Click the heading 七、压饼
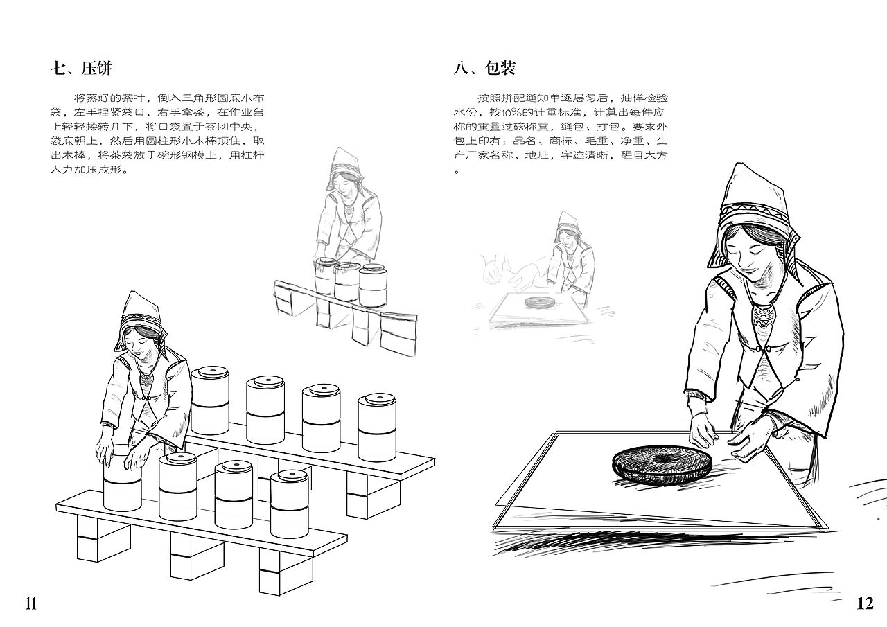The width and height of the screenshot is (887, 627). pyautogui.click(x=81, y=68)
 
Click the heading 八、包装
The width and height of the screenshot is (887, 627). pyautogui.click(x=484, y=68)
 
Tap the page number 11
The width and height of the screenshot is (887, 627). pyautogui.click(x=30, y=603)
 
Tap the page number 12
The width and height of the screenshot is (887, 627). pyautogui.click(x=865, y=603)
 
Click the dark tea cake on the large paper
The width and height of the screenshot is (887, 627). pyautogui.click(x=662, y=462)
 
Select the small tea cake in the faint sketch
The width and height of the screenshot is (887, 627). pyautogui.click(x=539, y=302)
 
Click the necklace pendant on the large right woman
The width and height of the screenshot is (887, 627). pyautogui.click(x=762, y=321)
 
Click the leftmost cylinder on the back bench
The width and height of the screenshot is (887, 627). pyautogui.click(x=210, y=400)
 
